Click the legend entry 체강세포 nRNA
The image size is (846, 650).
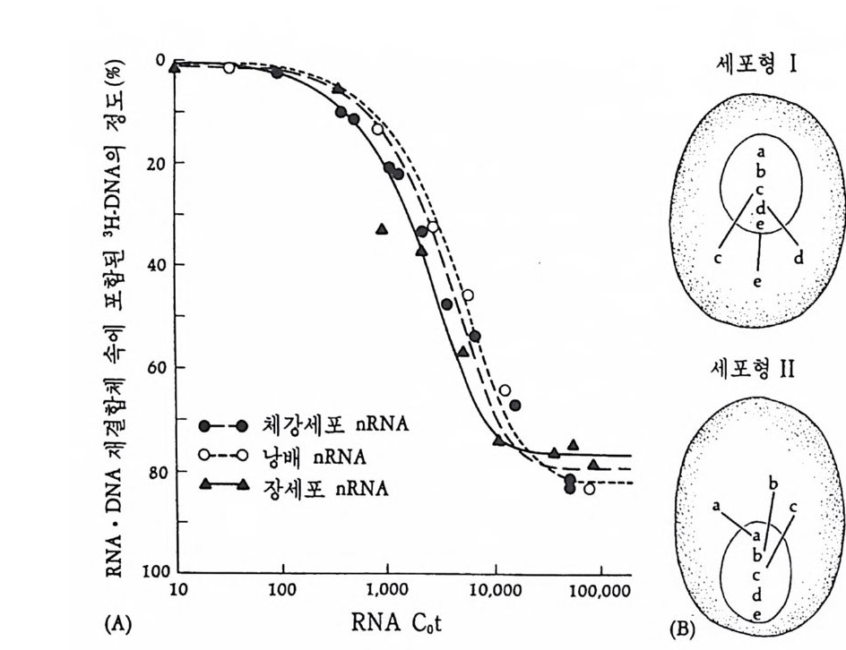click(304, 424)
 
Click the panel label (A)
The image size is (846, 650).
click(117, 624)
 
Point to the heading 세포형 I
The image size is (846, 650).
click(758, 67)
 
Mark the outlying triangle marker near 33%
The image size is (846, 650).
click(382, 229)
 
